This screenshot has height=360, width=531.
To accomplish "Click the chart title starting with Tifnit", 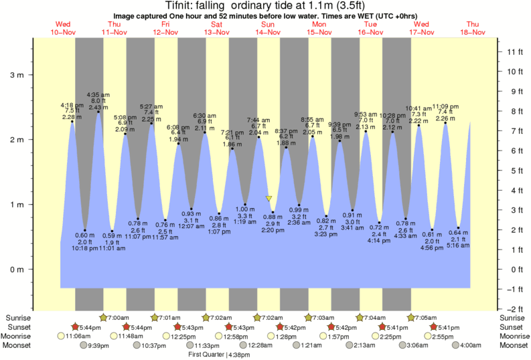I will tap(265, 5).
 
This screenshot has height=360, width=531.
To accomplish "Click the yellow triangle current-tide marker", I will tap(269, 199).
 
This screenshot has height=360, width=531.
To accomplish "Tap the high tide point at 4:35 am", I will tap(98, 112).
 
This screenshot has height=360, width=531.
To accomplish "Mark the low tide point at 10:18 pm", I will tap(85, 230).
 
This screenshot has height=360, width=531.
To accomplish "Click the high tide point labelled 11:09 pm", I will tap(445, 123).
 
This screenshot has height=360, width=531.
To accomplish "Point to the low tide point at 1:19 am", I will tap(245, 204).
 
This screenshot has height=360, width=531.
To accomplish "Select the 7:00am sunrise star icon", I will tap(104, 317).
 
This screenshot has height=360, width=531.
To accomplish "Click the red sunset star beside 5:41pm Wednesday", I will tap(434, 327).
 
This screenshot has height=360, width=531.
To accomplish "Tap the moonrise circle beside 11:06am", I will tap(62, 336).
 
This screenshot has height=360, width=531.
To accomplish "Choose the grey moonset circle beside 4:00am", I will tap(455, 345).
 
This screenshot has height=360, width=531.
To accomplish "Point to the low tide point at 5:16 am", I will tap(459, 228).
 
